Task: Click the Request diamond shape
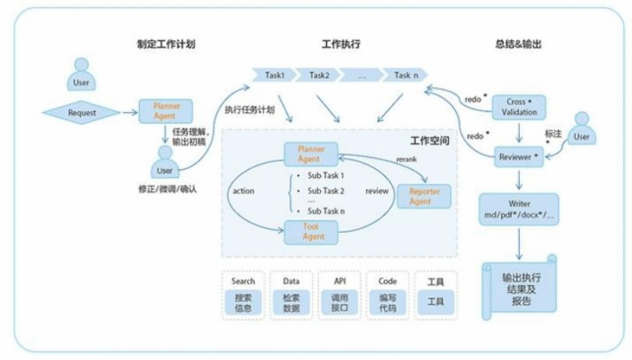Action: (x=82, y=112)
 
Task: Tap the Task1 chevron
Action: (x=273, y=75)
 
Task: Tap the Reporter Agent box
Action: (x=425, y=196)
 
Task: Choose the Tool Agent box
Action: (x=310, y=231)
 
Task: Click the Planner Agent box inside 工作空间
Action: (x=310, y=153)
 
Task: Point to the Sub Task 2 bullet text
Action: (x=325, y=190)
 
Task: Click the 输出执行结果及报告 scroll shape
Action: (x=519, y=289)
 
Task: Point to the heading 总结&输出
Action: (x=518, y=43)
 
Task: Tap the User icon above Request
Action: (x=81, y=72)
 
